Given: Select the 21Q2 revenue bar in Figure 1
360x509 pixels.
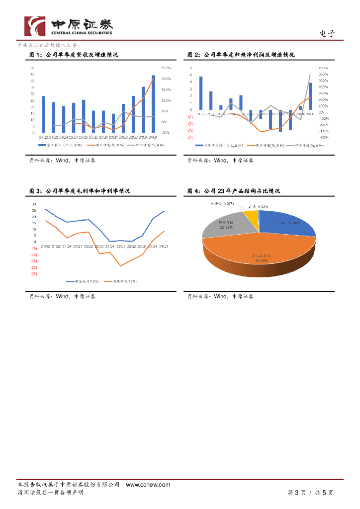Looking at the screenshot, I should (44, 114).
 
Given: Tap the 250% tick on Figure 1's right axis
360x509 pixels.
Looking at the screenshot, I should (166, 68).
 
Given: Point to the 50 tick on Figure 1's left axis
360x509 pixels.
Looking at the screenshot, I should (32, 68).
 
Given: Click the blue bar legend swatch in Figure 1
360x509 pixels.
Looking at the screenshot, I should (42, 145).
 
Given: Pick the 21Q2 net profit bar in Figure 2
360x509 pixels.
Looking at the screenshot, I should (201, 93).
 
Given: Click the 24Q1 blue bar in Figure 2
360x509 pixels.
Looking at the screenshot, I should (310, 96).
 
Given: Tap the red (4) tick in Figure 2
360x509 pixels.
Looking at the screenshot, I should (190, 137).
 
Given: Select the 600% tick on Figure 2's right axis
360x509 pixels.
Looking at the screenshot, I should (323, 75).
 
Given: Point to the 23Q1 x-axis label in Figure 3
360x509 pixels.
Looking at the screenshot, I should (120, 246).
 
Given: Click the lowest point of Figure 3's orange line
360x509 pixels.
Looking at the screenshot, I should (120, 266).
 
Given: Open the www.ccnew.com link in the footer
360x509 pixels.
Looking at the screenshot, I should (148, 485).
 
